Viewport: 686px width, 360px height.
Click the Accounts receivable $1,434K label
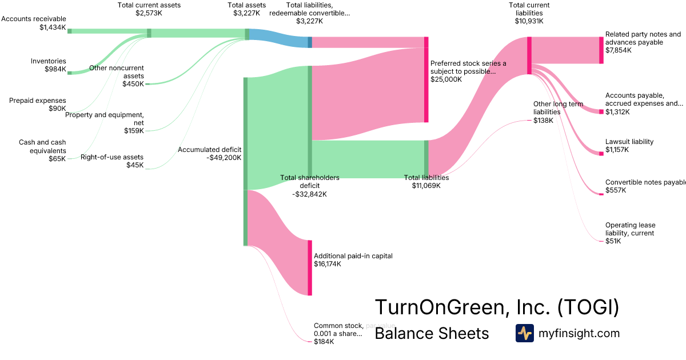click(34, 23)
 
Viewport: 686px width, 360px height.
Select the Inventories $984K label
click(49, 65)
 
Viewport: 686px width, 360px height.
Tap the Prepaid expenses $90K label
click(38, 105)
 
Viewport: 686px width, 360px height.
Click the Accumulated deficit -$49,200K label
click(210, 154)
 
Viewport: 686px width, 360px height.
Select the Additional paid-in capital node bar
click(310, 267)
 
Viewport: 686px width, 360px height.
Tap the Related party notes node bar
click(601, 50)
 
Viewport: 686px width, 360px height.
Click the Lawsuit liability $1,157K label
click(629, 146)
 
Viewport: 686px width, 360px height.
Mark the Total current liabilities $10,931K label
click(529, 13)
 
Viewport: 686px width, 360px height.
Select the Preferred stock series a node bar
click(426, 79)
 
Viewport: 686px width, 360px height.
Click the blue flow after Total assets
click(278, 38)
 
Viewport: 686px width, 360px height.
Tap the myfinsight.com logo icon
click(524, 333)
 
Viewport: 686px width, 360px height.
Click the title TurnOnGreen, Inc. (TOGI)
click(496, 307)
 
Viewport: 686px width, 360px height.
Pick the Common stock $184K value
click(324, 341)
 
